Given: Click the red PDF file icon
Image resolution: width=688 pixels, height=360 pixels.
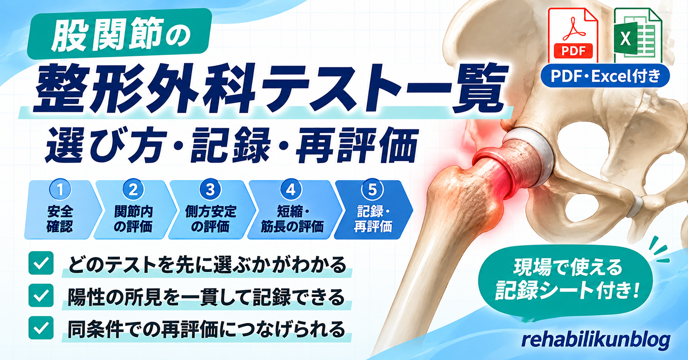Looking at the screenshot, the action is coord(573,36).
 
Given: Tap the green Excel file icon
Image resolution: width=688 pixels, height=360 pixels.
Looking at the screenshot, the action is coord(637,36).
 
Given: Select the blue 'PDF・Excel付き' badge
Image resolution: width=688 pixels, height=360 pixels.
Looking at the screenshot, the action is coord(605,76).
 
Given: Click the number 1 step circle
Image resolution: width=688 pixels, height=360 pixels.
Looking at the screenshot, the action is coord(60,189).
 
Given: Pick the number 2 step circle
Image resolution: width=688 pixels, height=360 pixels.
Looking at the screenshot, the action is coord(133,189).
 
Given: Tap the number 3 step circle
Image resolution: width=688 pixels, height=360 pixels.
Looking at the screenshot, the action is coord(210,189).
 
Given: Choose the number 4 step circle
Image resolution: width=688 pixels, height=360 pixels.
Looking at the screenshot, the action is coord(291,189).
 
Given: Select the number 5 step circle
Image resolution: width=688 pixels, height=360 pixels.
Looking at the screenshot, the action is coord(372,189).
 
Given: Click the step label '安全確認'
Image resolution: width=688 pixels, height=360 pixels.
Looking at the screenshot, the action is coord(60,219).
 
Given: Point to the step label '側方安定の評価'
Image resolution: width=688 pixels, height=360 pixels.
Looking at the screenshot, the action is coord(211,219).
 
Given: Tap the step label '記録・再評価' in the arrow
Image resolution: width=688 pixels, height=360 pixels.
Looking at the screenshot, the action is coord(373,219).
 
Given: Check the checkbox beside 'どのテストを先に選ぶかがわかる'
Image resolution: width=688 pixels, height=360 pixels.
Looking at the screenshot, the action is coord(41,263).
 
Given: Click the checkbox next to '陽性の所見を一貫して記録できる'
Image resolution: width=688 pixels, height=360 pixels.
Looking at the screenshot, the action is coord(41,295).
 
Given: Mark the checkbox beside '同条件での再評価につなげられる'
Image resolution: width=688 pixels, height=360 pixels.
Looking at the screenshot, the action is coord(41,328).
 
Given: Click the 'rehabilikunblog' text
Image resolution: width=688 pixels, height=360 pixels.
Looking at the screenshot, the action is coord(596,340).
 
